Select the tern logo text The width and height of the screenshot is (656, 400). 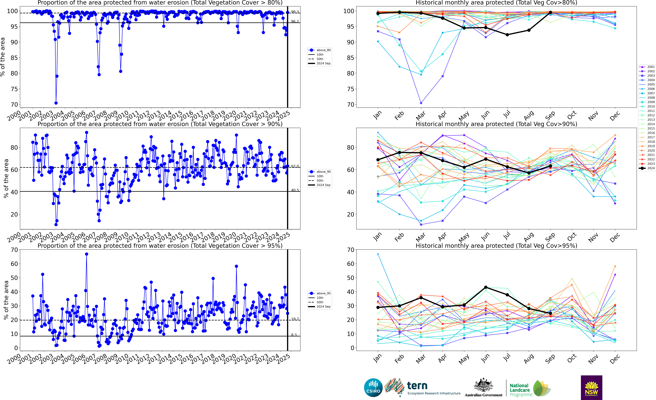pos(417,386)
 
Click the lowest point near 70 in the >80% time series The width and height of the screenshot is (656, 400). pos(56,103)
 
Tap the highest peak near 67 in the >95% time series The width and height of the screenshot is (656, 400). pos(87,254)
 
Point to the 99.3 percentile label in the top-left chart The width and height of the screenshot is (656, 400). pos(295,12)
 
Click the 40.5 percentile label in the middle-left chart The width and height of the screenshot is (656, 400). pos(295,190)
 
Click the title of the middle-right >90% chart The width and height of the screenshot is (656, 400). pos(496,124)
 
